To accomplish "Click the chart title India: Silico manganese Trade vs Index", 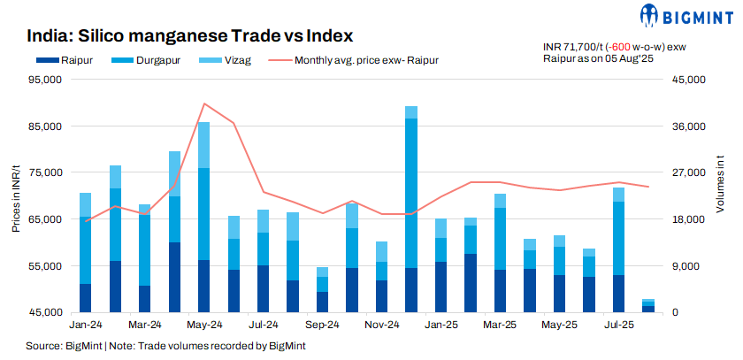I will coord(190,36).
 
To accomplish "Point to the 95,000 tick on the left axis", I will coord(46,80).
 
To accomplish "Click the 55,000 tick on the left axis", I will coord(46,266).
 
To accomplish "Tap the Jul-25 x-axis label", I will coord(618,325).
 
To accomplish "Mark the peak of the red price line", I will coord(204,103).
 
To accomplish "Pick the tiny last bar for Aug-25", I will coord(648,306).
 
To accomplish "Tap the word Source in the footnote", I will coord(42,346).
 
